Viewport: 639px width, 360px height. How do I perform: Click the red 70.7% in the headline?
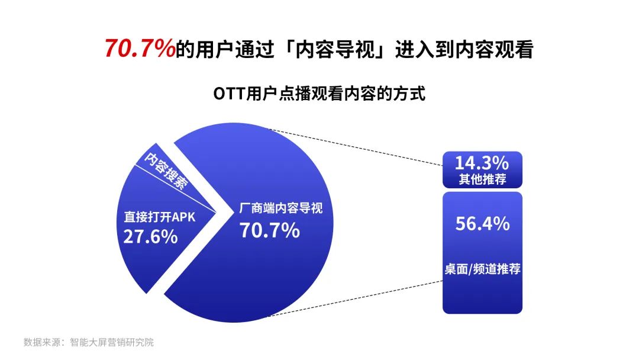coord(140,48)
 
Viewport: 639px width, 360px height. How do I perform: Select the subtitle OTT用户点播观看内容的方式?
coord(319,94)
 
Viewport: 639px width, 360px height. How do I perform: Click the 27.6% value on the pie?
coord(150,236)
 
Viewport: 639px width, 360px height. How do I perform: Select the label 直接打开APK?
coord(160,217)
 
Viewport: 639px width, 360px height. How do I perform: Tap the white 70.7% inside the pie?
coord(269,230)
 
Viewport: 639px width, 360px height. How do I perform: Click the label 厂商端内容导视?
coord(281,208)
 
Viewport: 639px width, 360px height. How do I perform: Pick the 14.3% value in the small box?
coord(482,163)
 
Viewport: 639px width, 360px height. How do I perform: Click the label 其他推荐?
coord(483,179)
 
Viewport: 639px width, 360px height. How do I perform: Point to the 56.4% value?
coord(483,224)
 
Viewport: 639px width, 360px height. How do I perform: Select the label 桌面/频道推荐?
coord(483,269)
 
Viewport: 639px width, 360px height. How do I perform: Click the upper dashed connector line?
coord(357,147)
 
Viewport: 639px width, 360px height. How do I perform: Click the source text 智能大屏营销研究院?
coord(112,342)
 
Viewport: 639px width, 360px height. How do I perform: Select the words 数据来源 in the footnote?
coord(42,342)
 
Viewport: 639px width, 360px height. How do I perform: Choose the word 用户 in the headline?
coord(215,49)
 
